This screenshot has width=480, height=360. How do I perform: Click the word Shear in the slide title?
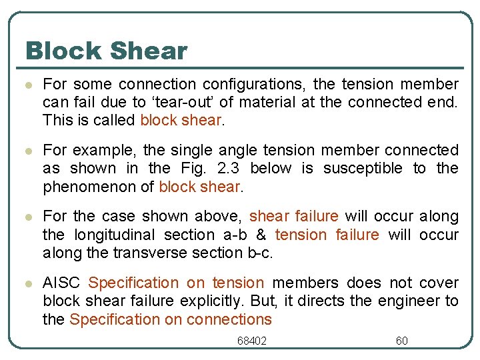pyautogui.click(x=152, y=51)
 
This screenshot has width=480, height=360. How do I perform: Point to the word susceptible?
pyautogui.click(x=363, y=168)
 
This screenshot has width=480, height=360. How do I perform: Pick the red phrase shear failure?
pyautogui.click(x=293, y=217)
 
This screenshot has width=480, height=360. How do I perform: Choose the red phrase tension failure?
pyautogui.click(x=327, y=235)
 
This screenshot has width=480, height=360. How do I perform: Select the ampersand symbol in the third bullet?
pyautogui.click(x=263, y=235)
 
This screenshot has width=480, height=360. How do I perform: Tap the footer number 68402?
pyautogui.click(x=252, y=341)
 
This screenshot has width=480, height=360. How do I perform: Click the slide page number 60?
pyautogui.click(x=401, y=341)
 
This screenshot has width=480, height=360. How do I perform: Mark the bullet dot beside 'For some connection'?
pyautogui.click(x=27, y=85)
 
